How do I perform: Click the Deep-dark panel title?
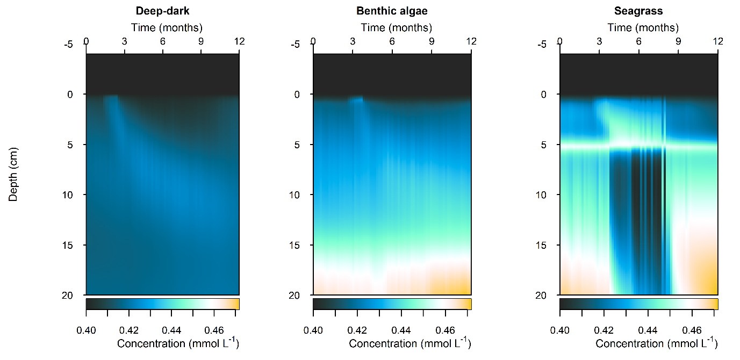click(162, 11)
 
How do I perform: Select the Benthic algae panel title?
click(392, 11)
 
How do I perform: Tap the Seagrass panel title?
click(639, 11)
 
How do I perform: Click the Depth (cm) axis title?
click(13, 174)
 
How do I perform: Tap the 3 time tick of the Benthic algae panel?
click(353, 41)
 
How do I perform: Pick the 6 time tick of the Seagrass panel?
click(639, 41)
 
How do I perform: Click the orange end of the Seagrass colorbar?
click(715, 304)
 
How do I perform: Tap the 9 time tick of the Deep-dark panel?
click(201, 41)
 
